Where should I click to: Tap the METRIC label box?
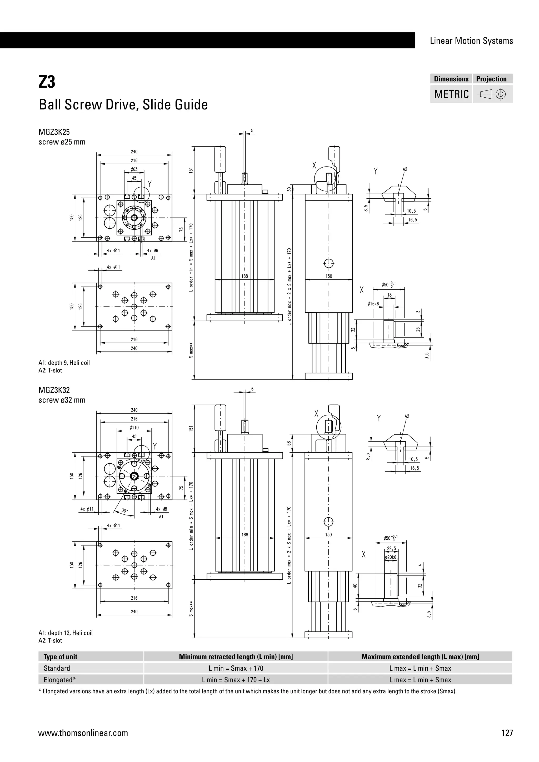[x=451, y=94]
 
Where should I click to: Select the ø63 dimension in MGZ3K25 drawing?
[x=134, y=169]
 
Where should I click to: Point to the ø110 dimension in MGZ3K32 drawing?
[x=134, y=428]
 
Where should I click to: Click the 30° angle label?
[x=125, y=511]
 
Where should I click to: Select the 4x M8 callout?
[x=161, y=509]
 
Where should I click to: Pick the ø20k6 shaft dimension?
[x=391, y=558]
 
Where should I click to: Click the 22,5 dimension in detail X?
[x=392, y=549]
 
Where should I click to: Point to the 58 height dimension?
[x=289, y=443]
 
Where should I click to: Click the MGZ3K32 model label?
[x=54, y=390]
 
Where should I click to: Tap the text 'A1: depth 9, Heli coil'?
[x=64, y=363]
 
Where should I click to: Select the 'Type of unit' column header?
[x=61, y=657]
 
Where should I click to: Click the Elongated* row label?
[x=60, y=680]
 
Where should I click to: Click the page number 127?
[x=507, y=733]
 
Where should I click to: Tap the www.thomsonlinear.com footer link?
[x=83, y=733]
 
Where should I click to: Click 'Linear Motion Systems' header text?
[x=471, y=41]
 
